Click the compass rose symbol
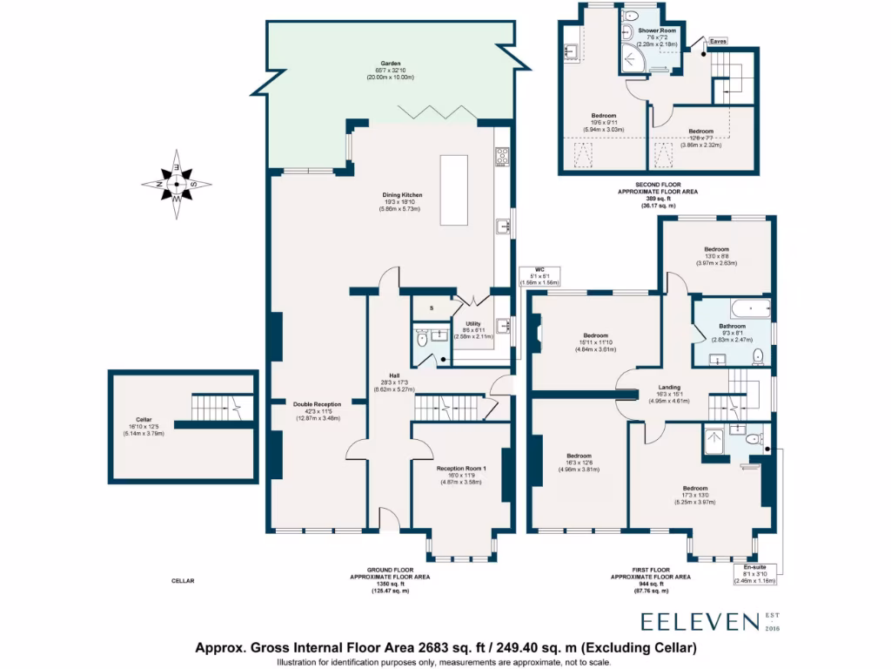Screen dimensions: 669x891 point(175,184)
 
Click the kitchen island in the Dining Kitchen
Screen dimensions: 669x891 point(454,190)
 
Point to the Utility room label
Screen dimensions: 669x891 point(472,324)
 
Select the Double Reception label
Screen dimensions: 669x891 point(318,404)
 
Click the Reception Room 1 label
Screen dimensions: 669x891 point(459,469)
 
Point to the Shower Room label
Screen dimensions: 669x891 point(645,30)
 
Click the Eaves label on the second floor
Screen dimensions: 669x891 point(718,41)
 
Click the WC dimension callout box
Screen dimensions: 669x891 point(539,276)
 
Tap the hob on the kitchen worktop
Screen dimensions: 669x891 point(502,158)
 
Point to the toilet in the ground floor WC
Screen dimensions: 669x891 point(423,341)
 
